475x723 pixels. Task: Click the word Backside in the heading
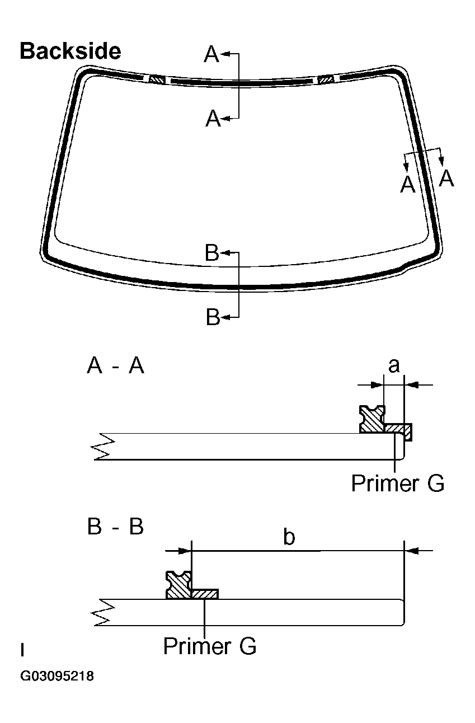click(x=70, y=51)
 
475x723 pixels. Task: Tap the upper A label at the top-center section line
click(x=211, y=55)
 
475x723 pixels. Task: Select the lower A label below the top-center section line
click(x=213, y=119)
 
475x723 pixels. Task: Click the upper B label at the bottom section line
click(x=212, y=253)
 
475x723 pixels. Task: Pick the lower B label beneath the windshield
click(x=213, y=317)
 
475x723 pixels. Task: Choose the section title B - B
click(x=116, y=527)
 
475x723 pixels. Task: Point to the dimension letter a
click(x=394, y=365)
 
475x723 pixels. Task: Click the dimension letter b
click(x=289, y=537)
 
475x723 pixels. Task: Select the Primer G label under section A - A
click(x=397, y=483)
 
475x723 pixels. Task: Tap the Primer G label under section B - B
click(x=210, y=646)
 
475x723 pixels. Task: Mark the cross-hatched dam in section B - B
click(x=179, y=585)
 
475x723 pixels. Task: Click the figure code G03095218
click(x=57, y=677)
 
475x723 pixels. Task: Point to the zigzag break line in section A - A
click(x=105, y=446)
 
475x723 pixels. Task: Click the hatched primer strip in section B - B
click(x=205, y=593)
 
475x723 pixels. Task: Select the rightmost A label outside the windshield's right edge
click(x=446, y=179)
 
